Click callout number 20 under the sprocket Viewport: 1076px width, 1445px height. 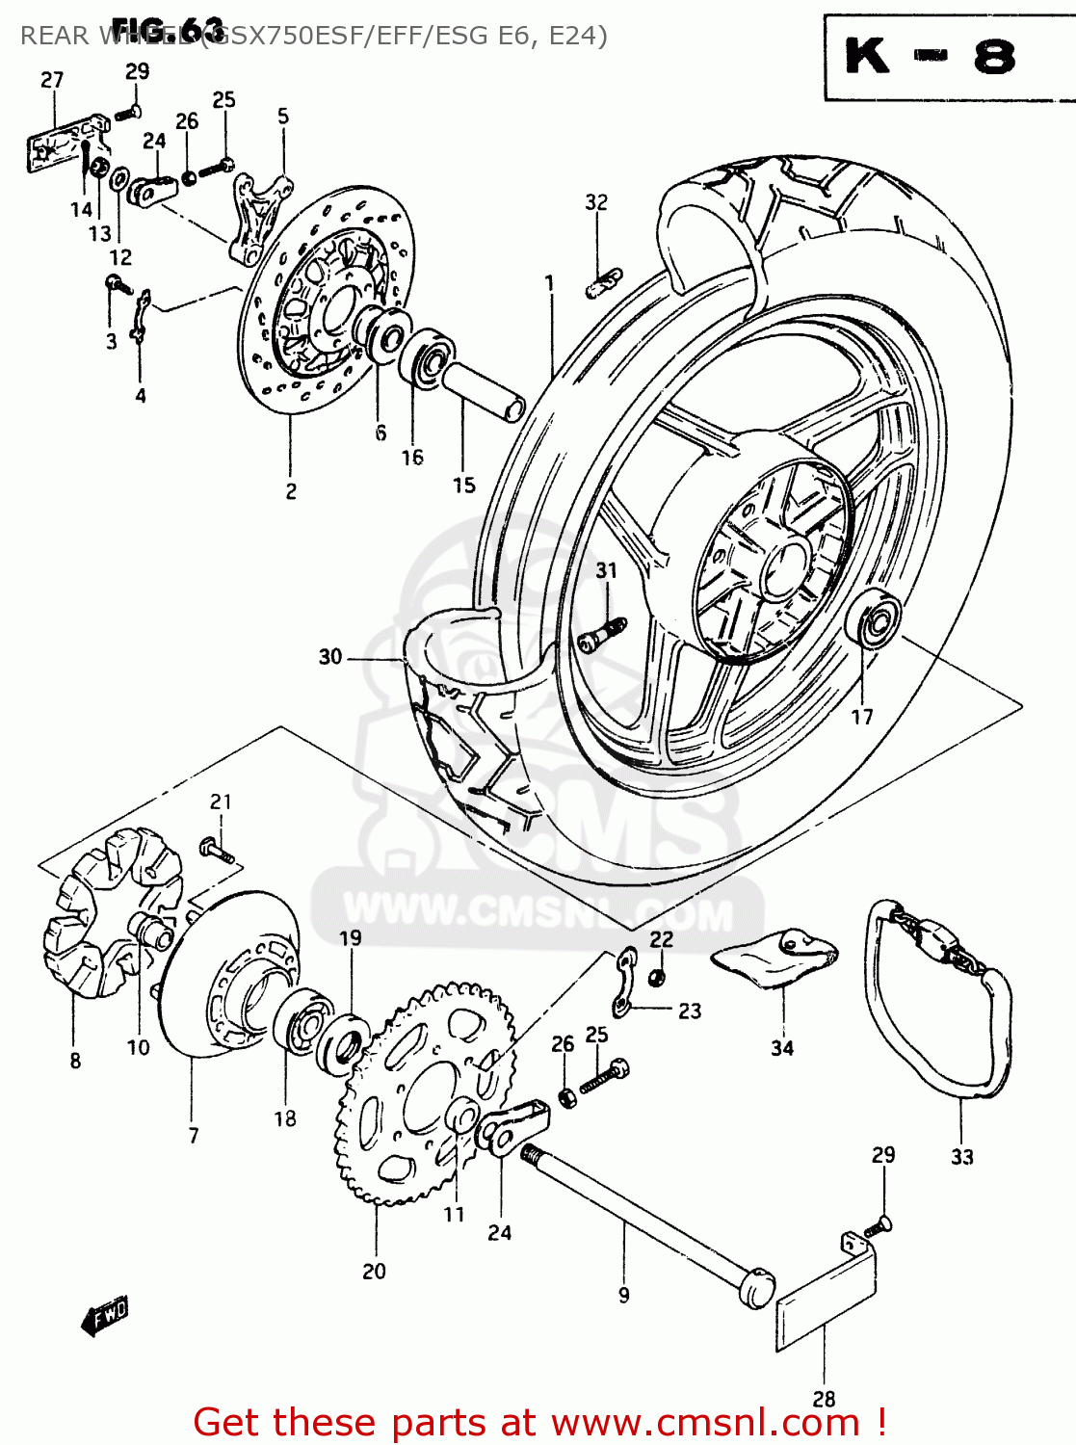tap(374, 1272)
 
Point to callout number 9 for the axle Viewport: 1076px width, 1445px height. tap(623, 1296)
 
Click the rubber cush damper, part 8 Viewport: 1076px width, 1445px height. tap(106, 910)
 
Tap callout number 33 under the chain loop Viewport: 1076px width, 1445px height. tap(961, 1157)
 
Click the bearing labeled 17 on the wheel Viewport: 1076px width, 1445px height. tap(876, 621)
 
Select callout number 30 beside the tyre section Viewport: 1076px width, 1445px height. tap(330, 657)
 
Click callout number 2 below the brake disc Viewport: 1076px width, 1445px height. tap(291, 491)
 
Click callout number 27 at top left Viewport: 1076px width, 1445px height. tap(52, 80)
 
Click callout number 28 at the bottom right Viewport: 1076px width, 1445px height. tap(824, 1399)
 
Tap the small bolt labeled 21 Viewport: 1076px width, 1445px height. tap(217, 851)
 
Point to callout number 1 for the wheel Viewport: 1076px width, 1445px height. tap(549, 283)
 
